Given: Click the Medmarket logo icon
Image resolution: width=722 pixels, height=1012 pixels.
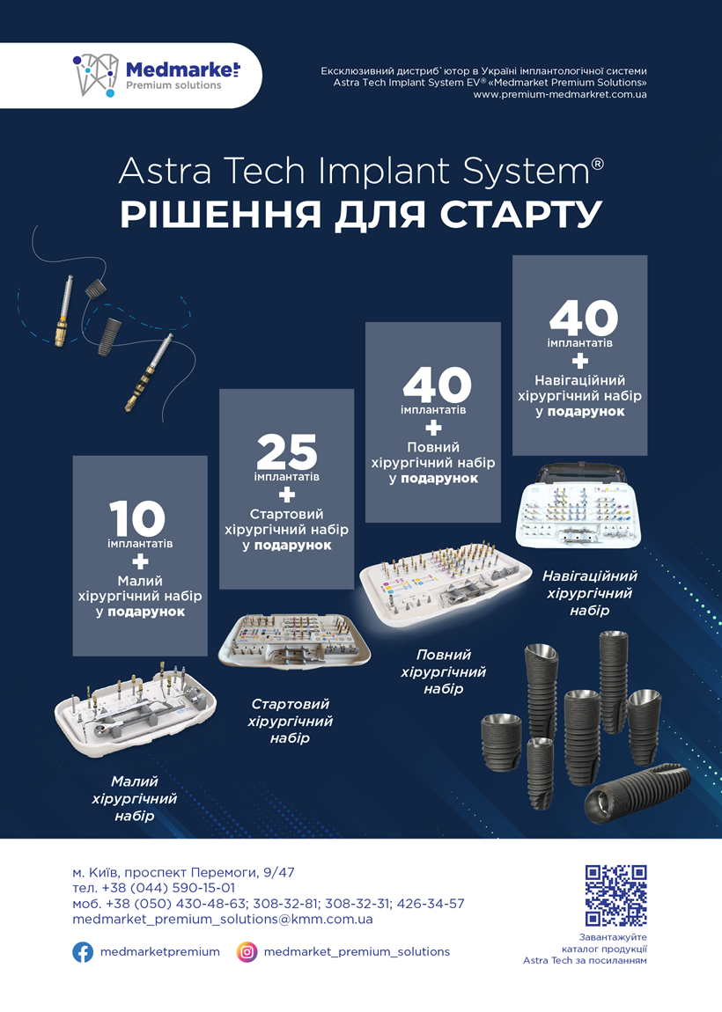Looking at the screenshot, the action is (x=96, y=75).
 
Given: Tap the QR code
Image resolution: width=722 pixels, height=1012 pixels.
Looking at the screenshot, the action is (x=616, y=895).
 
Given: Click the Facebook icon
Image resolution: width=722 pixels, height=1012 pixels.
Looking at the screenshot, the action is (x=83, y=952).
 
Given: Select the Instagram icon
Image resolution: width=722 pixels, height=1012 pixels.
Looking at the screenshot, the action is (x=247, y=952).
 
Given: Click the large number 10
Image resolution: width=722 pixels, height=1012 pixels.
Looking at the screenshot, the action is (x=136, y=518).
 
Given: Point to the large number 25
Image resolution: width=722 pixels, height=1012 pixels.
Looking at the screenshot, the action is (x=287, y=451).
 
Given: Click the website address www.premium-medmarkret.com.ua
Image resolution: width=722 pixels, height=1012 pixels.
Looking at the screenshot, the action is (x=560, y=94).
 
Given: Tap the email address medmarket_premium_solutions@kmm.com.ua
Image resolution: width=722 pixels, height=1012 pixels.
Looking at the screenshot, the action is (x=223, y=919).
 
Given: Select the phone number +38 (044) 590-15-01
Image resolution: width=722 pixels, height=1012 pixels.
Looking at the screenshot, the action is (x=168, y=888).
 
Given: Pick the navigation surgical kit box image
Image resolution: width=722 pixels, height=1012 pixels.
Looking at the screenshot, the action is (x=579, y=506).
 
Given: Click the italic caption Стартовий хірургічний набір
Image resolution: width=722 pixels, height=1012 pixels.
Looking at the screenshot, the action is (x=290, y=721).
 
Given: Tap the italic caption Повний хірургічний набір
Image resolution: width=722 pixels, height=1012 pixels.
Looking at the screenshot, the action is (x=444, y=671).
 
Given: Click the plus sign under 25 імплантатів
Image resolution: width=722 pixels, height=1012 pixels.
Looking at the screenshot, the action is (x=287, y=495).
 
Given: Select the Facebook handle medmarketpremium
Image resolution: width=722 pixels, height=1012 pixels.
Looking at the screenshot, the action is (x=160, y=952).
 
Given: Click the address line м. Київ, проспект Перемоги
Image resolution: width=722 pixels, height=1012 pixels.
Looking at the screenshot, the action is (x=183, y=873).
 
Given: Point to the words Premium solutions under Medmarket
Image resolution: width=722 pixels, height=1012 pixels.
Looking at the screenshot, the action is (x=173, y=86).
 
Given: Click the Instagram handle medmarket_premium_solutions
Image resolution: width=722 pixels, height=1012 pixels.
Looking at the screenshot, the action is (x=357, y=952).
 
